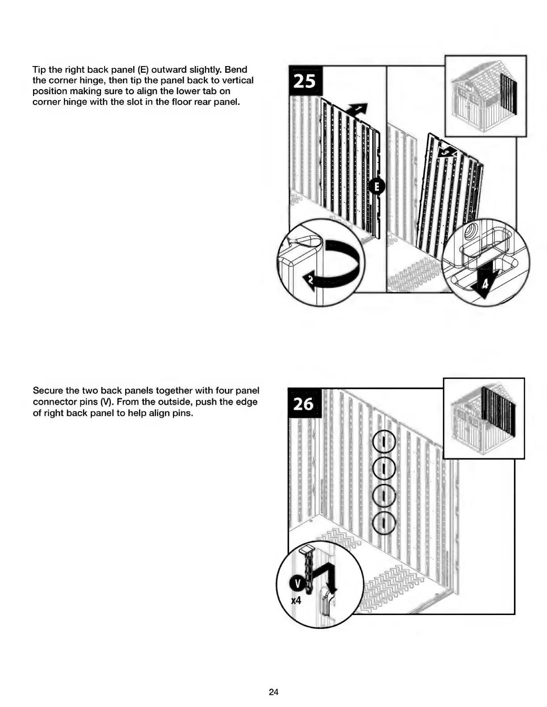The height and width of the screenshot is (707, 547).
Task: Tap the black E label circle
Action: tap(377, 187)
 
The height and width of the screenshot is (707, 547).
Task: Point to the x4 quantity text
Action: tap(296, 601)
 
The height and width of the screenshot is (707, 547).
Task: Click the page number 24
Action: tap(273, 692)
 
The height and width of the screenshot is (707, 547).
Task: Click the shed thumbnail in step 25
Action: tap(486, 96)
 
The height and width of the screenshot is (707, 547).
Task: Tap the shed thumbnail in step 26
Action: tap(484, 418)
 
